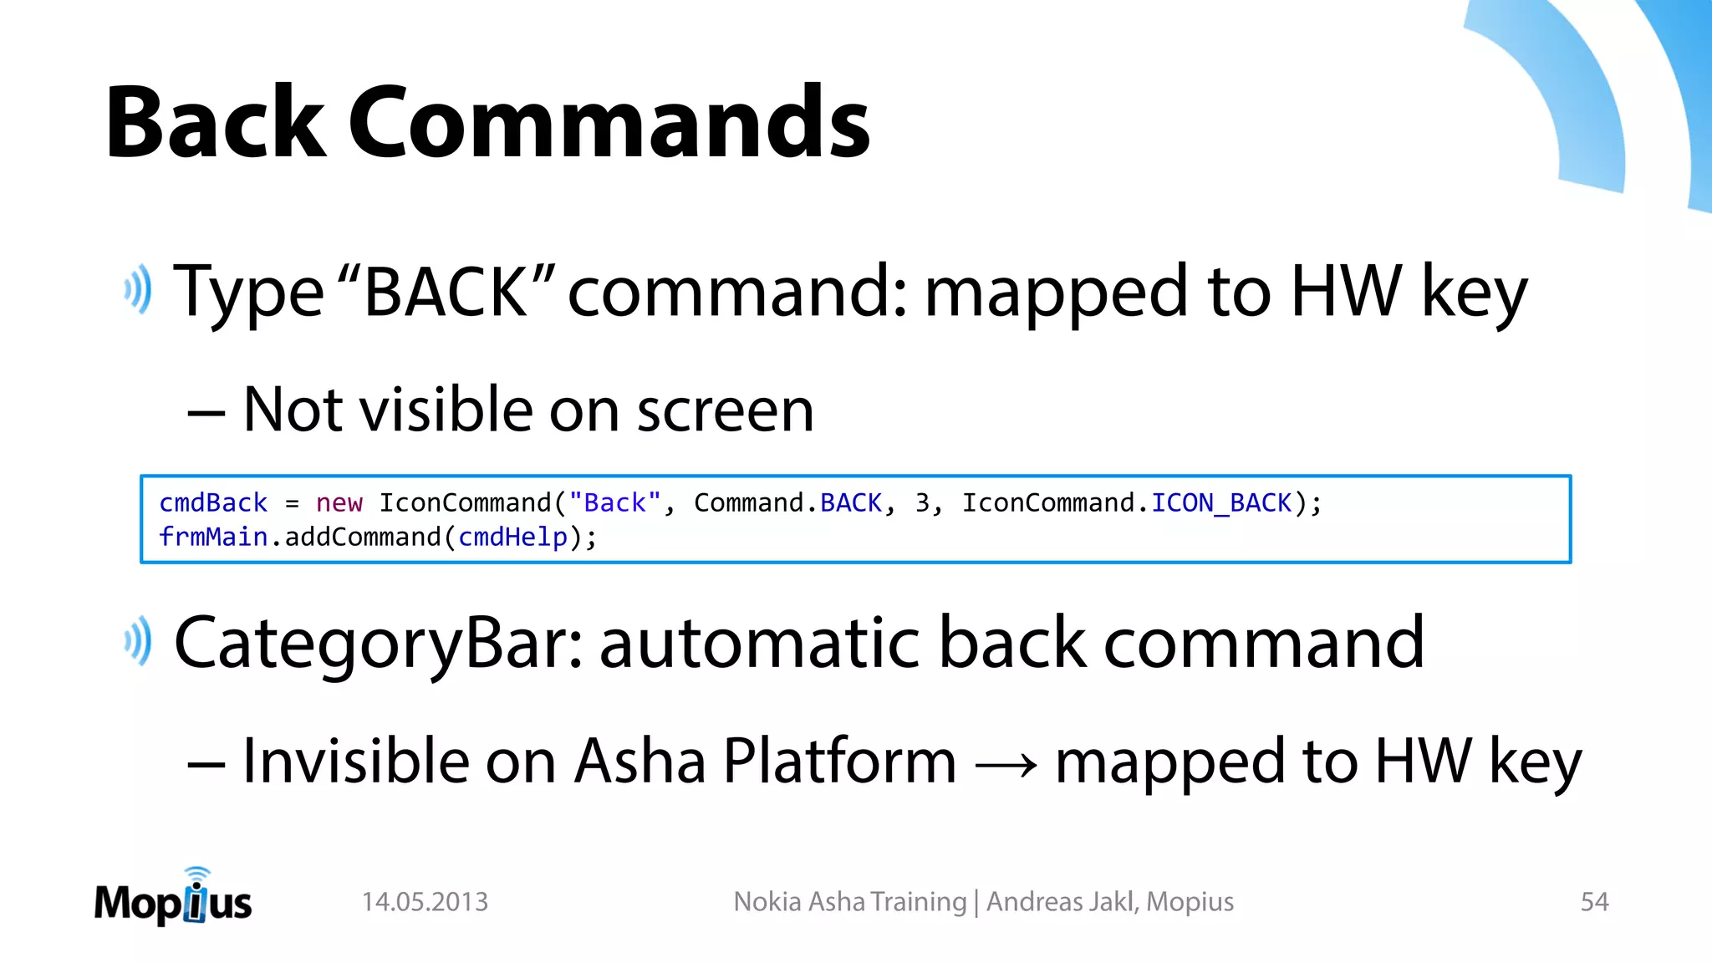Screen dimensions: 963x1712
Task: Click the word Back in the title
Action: [215, 122]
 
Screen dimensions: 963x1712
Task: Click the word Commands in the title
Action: [609, 122]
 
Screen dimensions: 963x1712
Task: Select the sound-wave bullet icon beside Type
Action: [138, 289]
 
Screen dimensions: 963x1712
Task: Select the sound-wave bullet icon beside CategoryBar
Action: [138, 641]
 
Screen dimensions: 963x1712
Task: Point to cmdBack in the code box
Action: [213, 503]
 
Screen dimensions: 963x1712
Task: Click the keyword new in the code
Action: [339, 503]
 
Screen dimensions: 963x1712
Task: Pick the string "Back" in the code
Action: [614, 503]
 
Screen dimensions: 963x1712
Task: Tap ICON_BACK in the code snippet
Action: [1221, 503]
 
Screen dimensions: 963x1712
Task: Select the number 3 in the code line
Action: [922, 503]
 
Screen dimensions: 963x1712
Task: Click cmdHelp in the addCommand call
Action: [512, 538]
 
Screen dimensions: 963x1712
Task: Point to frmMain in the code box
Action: [213, 538]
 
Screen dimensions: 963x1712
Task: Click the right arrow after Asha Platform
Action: [1006, 763]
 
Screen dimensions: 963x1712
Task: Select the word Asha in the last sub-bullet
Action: [639, 762]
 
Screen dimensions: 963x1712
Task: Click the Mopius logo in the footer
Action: [173, 899]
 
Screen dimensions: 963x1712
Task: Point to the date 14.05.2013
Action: [425, 902]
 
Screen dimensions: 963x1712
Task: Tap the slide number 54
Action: [1594, 902]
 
